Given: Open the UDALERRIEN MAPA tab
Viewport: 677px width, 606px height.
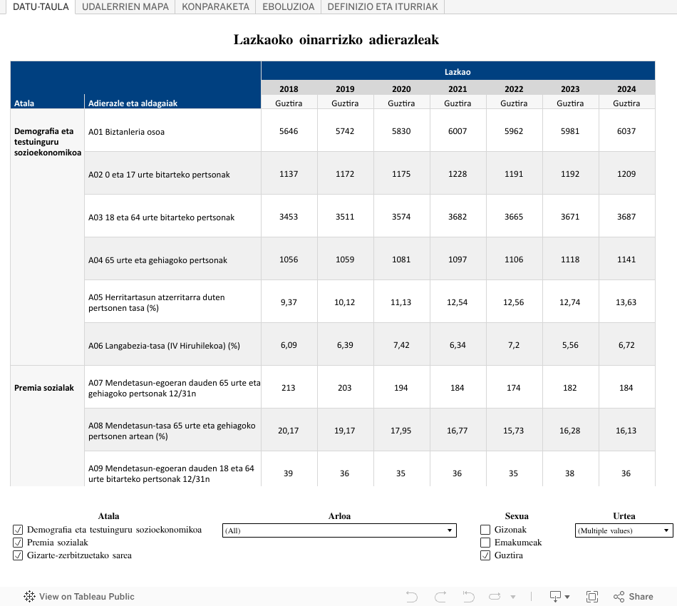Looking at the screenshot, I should (x=125, y=6).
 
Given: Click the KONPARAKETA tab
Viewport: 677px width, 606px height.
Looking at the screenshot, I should (x=215, y=6).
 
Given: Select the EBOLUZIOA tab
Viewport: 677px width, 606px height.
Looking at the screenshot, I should (x=288, y=6).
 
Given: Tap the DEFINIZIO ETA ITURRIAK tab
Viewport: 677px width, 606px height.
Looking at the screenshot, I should (x=383, y=6).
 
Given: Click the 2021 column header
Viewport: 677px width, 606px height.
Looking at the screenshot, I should (x=458, y=89).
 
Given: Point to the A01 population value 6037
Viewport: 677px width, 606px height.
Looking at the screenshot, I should (x=626, y=131).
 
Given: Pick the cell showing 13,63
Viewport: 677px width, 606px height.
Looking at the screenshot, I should (x=626, y=302).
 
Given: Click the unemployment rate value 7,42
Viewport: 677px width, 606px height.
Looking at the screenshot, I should (x=401, y=345).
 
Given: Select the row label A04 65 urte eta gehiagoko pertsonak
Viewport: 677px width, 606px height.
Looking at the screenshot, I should (x=157, y=260).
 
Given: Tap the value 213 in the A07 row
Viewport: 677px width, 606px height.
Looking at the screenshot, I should (x=289, y=388).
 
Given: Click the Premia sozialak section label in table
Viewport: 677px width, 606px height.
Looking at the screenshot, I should (x=44, y=388).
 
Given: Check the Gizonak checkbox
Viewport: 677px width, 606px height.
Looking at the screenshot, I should (x=485, y=530).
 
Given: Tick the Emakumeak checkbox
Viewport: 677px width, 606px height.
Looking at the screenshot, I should (x=485, y=543).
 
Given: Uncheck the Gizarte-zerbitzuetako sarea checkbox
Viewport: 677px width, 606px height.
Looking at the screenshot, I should (x=18, y=555).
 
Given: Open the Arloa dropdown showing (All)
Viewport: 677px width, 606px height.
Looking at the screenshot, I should (x=339, y=530).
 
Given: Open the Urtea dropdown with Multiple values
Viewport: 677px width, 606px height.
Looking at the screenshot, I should (x=624, y=530).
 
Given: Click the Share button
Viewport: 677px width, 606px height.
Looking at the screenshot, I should (x=633, y=597).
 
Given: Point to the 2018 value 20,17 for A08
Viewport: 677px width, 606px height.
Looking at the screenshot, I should (x=289, y=431).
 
